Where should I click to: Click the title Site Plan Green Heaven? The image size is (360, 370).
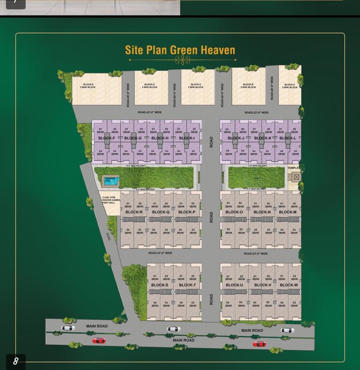180,50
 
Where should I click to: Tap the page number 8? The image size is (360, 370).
15,361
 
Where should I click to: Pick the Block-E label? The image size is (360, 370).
88,85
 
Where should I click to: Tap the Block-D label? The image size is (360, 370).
150,85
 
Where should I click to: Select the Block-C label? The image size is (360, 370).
196,85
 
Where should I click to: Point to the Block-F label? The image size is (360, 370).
107,138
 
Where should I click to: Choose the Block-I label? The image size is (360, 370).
187,138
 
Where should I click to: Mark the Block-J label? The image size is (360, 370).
236,138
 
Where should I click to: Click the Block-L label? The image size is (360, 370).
288,138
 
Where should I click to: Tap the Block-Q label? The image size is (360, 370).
160,212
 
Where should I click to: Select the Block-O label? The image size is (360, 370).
234,212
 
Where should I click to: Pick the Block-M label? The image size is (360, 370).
288,212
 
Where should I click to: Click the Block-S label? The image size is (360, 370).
159,285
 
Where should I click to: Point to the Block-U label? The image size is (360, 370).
234,285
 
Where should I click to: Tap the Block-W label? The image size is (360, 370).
288,285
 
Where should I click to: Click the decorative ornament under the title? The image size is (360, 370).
182,60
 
